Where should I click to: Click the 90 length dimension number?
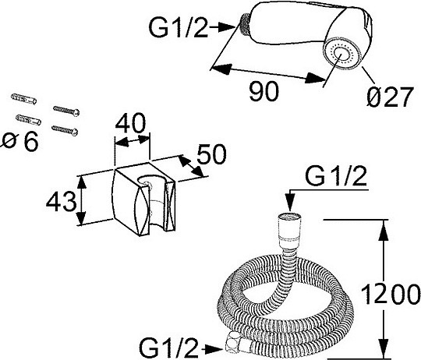click(x=264, y=91)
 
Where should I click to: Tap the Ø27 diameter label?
click(x=389, y=97)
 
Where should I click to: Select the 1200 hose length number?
click(x=391, y=295)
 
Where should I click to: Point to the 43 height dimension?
click(x=62, y=201)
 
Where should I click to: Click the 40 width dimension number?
click(x=130, y=123)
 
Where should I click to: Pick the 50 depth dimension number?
click(x=211, y=154)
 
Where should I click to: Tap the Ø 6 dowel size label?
click(x=20, y=142)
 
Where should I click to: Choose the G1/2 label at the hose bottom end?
click(x=169, y=348)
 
